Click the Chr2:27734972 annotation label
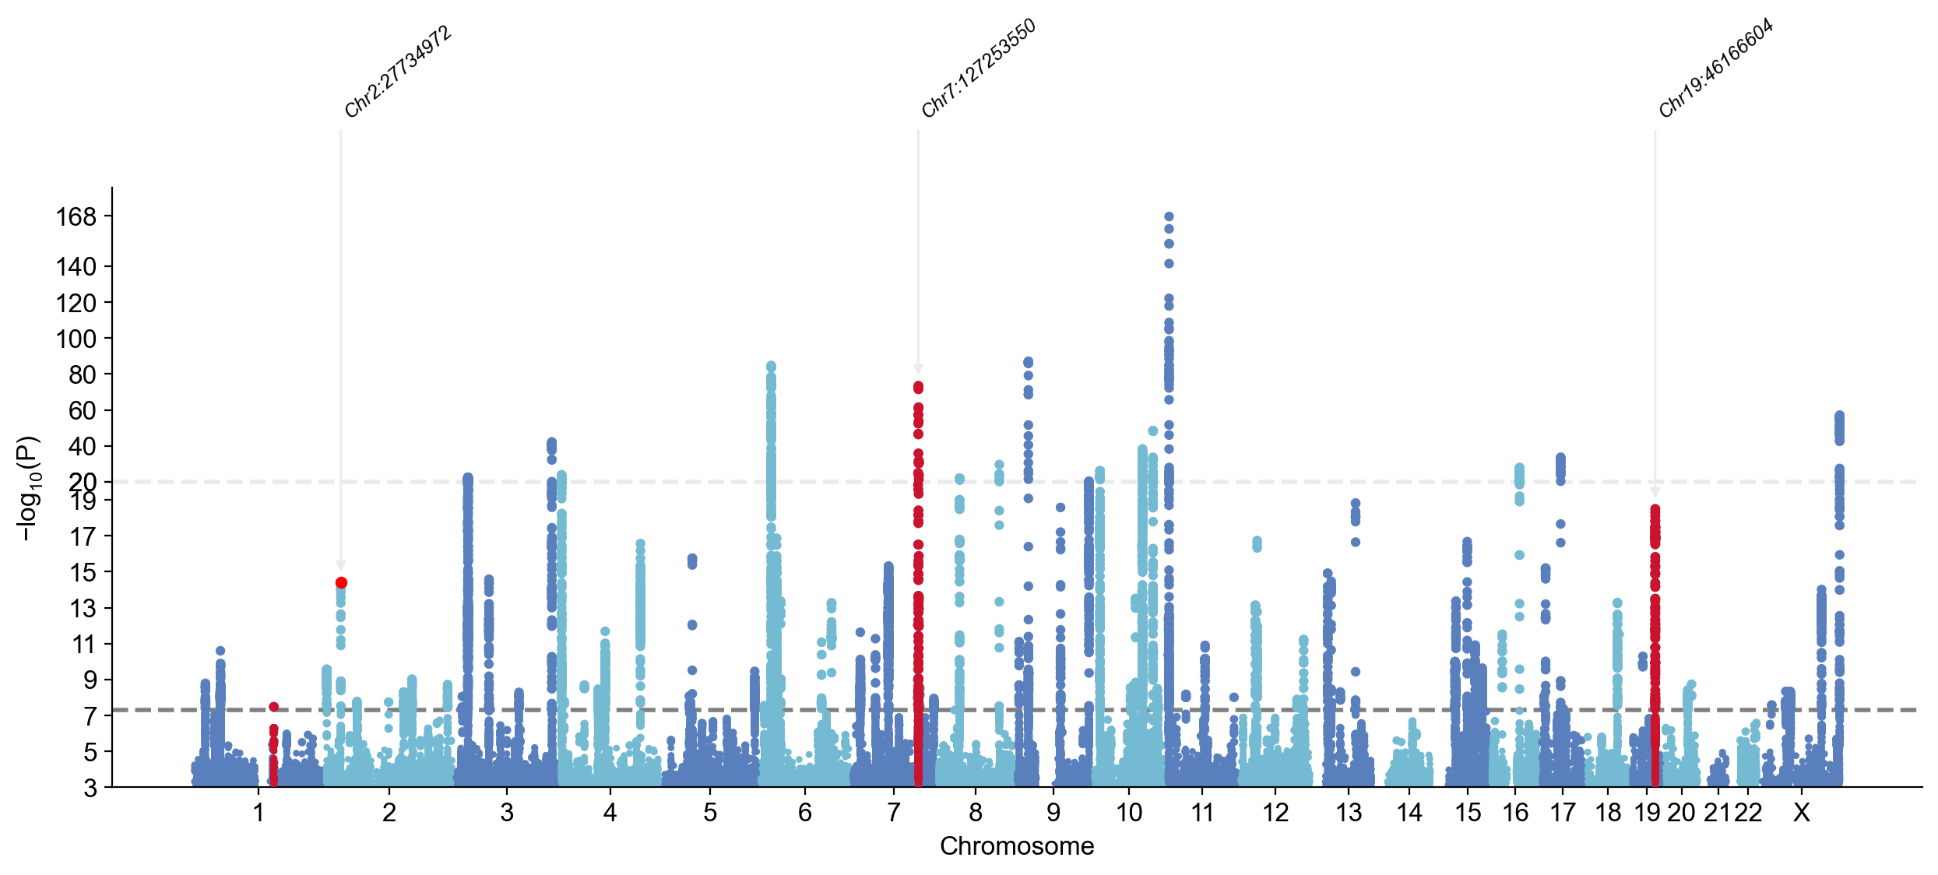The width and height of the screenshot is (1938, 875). click(x=398, y=72)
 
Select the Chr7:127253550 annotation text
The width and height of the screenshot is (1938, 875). click(x=978, y=69)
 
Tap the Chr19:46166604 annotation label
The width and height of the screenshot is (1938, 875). click(x=1715, y=69)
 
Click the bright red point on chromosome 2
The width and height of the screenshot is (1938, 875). click(x=341, y=583)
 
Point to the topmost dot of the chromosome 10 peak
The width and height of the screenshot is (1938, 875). click(x=1169, y=217)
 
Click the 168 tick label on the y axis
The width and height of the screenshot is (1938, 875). click(x=76, y=217)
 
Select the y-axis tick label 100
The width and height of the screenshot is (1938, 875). click(x=76, y=339)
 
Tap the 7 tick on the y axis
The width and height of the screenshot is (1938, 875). click(x=90, y=716)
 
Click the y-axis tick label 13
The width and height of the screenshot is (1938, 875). click(x=83, y=609)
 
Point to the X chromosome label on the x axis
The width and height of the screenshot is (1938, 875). click(x=1801, y=814)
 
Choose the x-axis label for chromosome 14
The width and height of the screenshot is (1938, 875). click(x=1409, y=814)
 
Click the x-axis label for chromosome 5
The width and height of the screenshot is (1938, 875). click(x=710, y=814)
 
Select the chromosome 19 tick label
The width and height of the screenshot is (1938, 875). click(x=1647, y=814)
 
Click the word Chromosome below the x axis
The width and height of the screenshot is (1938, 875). click(x=1017, y=846)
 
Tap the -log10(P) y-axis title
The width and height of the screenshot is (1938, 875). click(x=27, y=488)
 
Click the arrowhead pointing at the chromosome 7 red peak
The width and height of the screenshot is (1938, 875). click(x=919, y=370)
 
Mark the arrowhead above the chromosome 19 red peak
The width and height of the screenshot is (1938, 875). click(x=1655, y=493)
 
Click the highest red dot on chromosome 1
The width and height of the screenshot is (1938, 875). click(x=274, y=707)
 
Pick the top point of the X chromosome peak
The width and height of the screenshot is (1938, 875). click(x=1839, y=416)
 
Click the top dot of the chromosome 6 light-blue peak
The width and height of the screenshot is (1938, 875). click(x=771, y=366)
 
